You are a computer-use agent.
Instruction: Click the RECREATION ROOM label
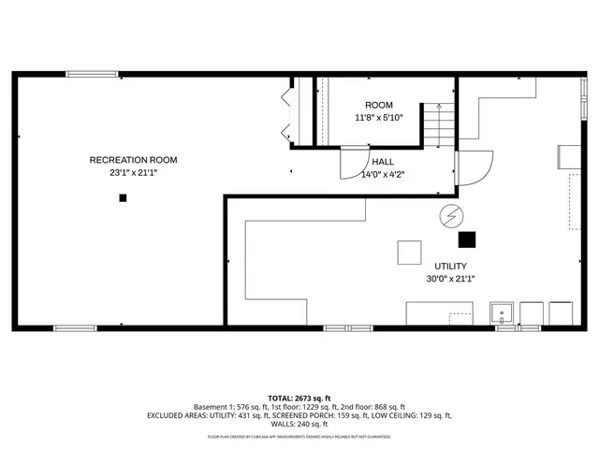pyautogui.click(x=133, y=160)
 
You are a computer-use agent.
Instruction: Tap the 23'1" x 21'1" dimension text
pyautogui.click(x=133, y=173)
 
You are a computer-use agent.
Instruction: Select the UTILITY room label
pyautogui.click(x=451, y=266)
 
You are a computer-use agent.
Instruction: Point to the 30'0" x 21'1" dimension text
pyautogui.click(x=451, y=278)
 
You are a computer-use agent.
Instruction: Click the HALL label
pyautogui.click(x=382, y=161)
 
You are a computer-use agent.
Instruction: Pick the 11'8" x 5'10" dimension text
pyautogui.click(x=379, y=118)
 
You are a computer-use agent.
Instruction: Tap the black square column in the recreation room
pyautogui.click(x=122, y=197)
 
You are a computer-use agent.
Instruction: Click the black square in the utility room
pyautogui.click(x=466, y=239)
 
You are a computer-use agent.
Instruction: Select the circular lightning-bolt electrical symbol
pyautogui.click(x=451, y=216)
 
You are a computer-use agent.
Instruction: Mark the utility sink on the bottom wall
pyautogui.click(x=503, y=312)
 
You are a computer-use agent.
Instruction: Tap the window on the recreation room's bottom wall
pyautogui.click(x=75, y=327)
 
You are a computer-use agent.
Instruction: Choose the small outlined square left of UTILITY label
pyautogui.click(x=409, y=253)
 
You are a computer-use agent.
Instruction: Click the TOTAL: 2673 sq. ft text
pyautogui.click(x=299, y=398)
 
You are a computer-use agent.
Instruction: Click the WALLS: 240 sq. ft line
pyautogui.click(x=299, y=424)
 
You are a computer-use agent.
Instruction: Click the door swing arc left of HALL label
pyautogui.click(x=352, y=164)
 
